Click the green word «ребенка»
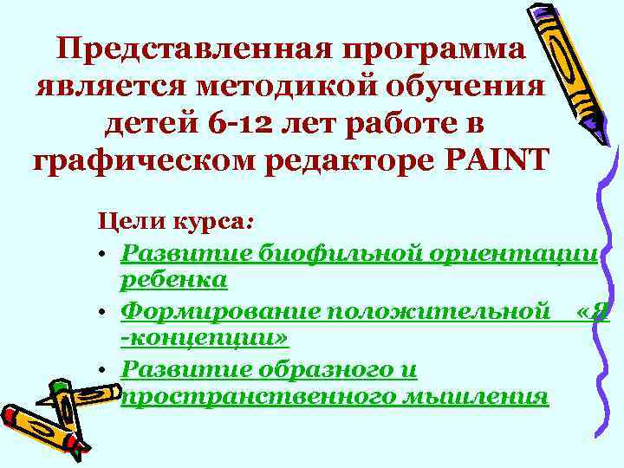tap(173, 279)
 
